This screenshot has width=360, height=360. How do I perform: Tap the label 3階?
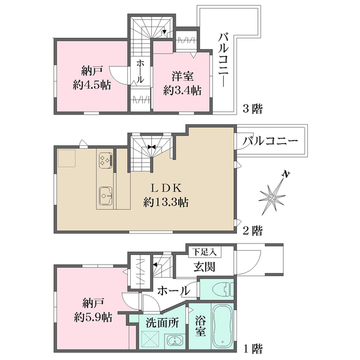pyautogui.click(x=253, y=109)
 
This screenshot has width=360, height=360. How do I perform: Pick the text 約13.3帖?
pyautogui.click(x=166, y=203)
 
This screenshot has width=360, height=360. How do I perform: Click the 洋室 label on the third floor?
pyautogui.click(x=182, y=76)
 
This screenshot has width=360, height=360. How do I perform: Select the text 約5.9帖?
pyautogui.click(x=91, y=316)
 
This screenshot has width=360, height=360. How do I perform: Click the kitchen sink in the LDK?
pyautogui.click(x=106, y=196)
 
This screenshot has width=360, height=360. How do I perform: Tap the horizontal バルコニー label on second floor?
pyautogui.click(x=271, y=142)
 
